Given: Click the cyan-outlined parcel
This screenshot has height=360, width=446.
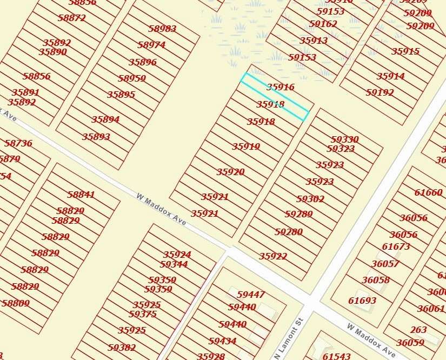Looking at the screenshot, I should [275, 97].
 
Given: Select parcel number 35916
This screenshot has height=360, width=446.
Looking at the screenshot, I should [281, 87].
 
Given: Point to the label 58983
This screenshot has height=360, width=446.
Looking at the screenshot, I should [162, 29].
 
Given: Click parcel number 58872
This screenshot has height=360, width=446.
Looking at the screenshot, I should [72, 18].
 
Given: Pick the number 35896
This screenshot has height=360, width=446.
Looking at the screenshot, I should [143, 62].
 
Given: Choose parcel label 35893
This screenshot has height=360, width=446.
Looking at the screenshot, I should [96, 137].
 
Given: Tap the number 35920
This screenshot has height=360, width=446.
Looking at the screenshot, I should [231, 172].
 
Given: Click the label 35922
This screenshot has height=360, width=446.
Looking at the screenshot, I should [273, 256].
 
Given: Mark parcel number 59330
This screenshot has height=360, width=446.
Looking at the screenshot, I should [345, 139].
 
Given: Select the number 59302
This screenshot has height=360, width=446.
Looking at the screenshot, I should [310, 199].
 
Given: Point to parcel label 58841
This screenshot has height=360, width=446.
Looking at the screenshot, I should [81, 195].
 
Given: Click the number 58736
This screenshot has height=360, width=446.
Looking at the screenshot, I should [18, 143].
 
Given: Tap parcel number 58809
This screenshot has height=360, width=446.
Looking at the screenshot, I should [16, 303].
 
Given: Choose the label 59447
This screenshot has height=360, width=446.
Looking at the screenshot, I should [251, 295].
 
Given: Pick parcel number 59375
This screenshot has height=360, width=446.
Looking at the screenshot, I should [143, 314].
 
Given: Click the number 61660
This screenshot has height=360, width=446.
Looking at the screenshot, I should [429, 192].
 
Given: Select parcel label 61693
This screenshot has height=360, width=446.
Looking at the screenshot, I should [362, 301].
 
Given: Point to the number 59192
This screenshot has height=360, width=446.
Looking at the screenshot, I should [380, 92].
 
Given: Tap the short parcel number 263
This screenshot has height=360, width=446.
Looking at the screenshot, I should [418, 330].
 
